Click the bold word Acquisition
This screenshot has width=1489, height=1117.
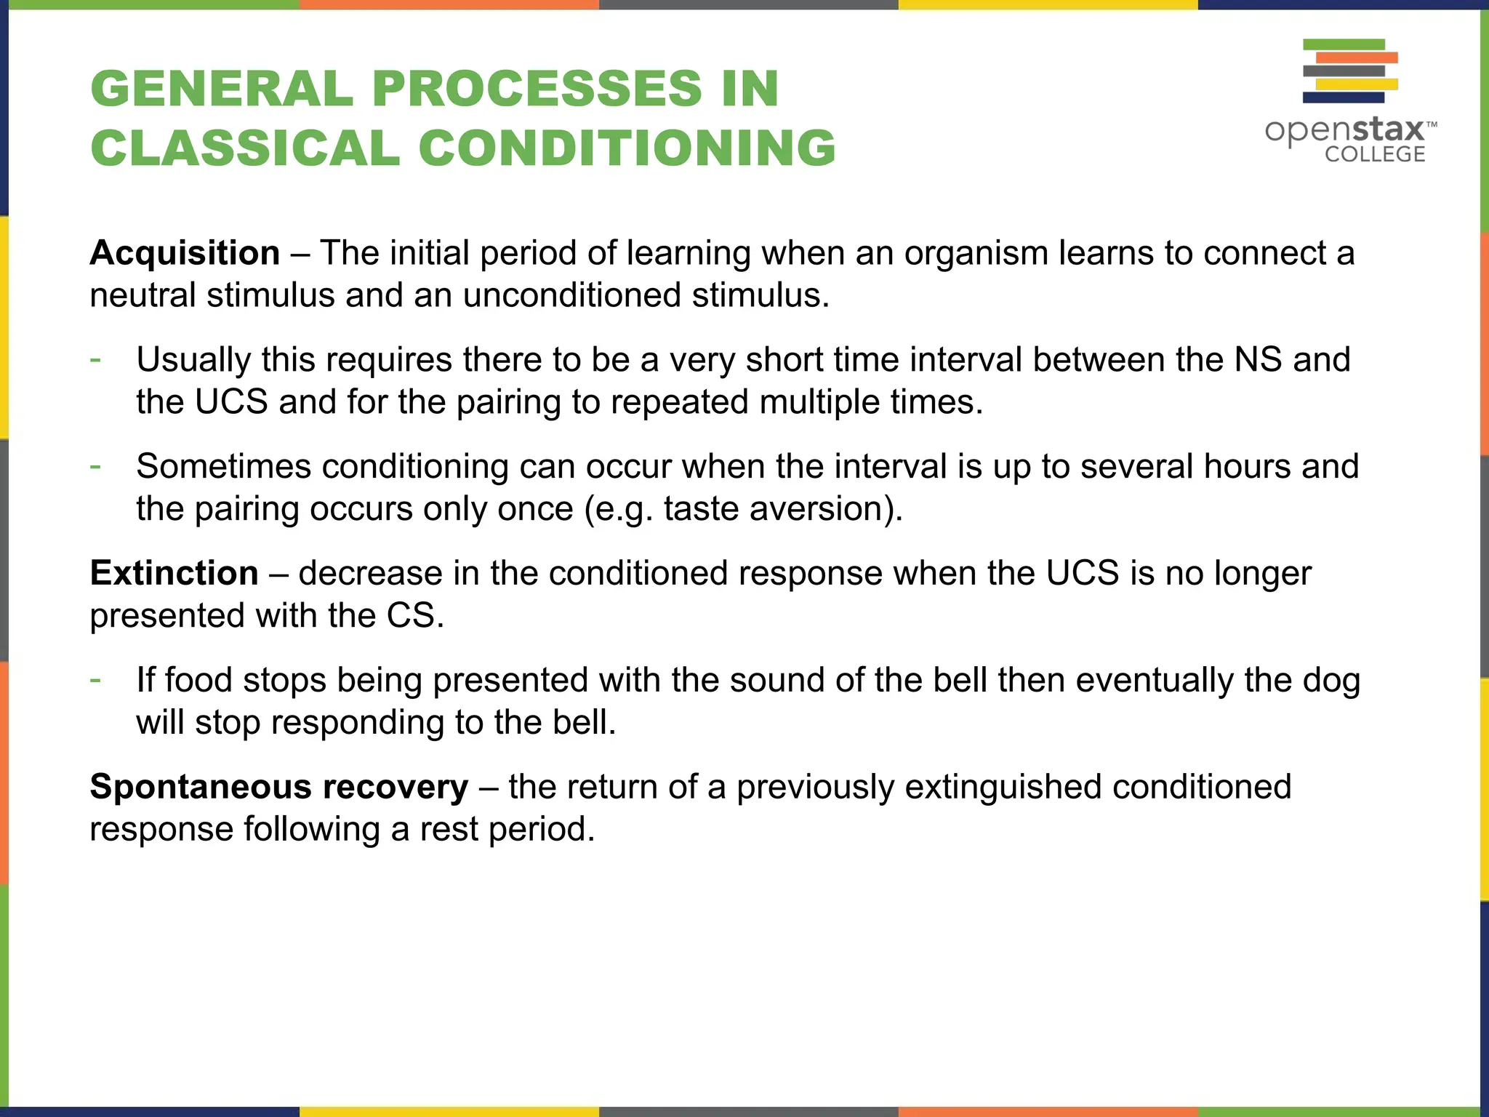(x=185, y=253)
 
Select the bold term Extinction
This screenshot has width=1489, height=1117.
(x=174, y=573)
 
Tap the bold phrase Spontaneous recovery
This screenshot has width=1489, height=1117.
(x=278, y=787)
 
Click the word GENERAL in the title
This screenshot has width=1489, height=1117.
(x=222, y=89)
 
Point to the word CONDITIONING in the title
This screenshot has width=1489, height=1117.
(x=627, y=148)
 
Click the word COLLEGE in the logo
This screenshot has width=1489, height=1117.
(x=1374, y=154)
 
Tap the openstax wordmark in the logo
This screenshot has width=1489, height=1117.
(x=1345, y=131)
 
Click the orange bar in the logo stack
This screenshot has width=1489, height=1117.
(x=1357, y=57)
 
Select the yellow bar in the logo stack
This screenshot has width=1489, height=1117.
(x=1357, y=84)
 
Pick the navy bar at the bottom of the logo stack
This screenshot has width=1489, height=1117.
(x=1344, y=97)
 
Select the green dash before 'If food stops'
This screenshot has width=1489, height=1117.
(x=95, y=680)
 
